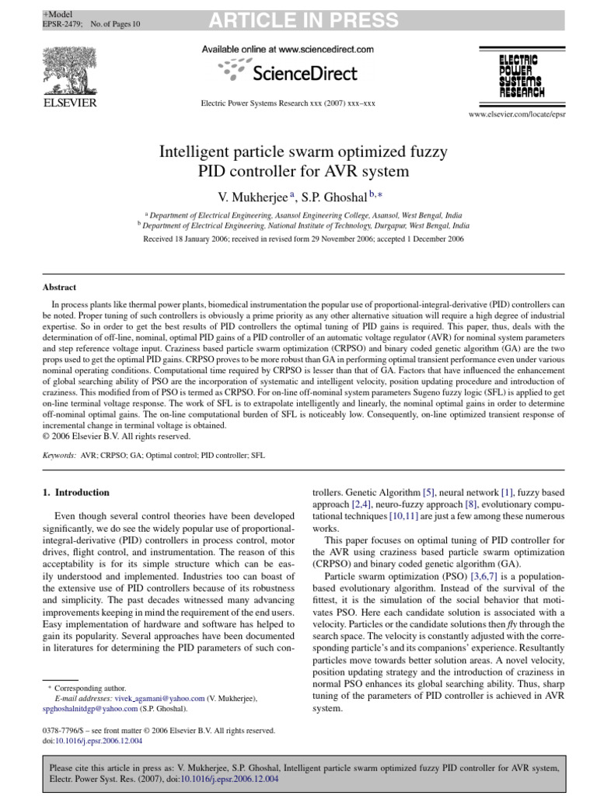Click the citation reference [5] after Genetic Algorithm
point(428,492)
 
